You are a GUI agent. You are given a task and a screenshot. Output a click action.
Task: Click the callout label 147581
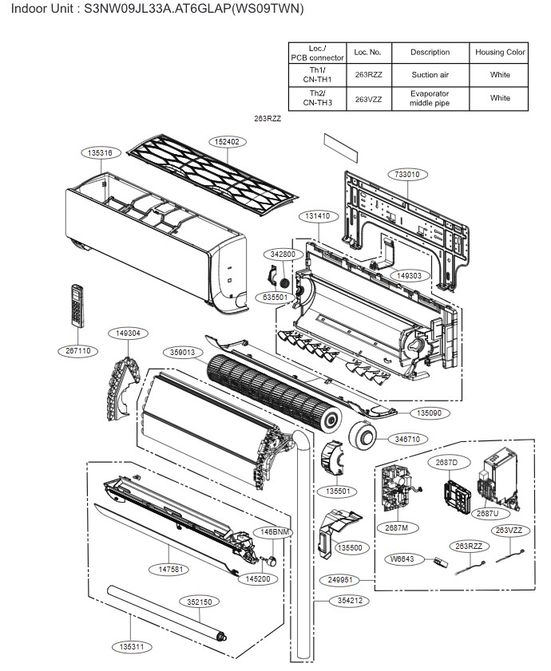click(x=168, y=570)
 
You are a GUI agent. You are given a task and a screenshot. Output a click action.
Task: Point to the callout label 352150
click(x=195, y=602)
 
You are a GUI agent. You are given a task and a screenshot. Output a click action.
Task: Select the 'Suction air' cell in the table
click(x=430, y=75)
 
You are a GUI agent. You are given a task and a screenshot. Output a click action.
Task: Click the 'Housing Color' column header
click(x=500, y=52)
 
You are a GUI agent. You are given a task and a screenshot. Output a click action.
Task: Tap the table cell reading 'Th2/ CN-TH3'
click(x=317, y=98)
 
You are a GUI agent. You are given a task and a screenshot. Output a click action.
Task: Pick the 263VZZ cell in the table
click(x=368, y=98)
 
